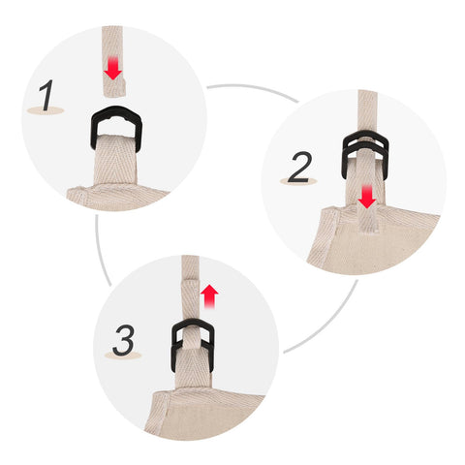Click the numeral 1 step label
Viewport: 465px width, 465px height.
coord(46,96)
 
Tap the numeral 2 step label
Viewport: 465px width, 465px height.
coord(300,168)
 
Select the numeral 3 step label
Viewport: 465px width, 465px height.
coord(123,340)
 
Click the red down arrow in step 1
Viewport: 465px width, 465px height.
coord(112,68)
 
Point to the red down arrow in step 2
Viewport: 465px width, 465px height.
coord(367,197)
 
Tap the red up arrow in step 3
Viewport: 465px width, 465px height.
coord(209,296)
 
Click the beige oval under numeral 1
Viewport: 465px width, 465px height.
coord(46,110)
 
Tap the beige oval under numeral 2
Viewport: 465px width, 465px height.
coord(299,181)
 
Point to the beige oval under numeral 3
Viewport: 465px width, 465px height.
coord(123,356)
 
